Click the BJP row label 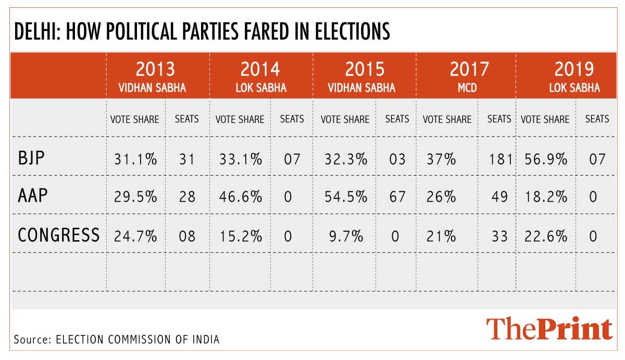point(32,158)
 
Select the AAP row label point(33,196)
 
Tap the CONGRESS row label point(58,235)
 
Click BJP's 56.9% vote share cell point(544,158)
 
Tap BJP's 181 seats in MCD point(501,158)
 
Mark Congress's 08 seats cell point(186,235)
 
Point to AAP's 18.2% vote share point(544,197)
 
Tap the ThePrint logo point(549,329)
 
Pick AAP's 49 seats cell point(501,197)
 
